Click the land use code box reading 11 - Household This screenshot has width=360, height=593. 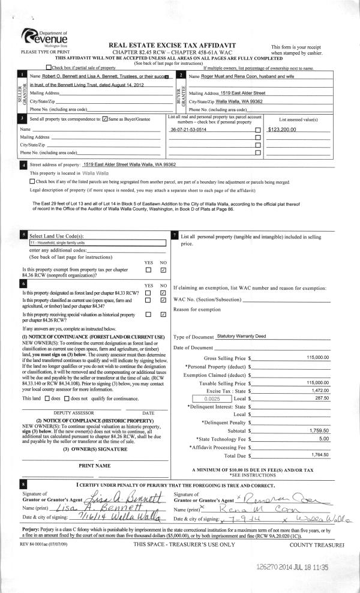[x=93, y=242]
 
